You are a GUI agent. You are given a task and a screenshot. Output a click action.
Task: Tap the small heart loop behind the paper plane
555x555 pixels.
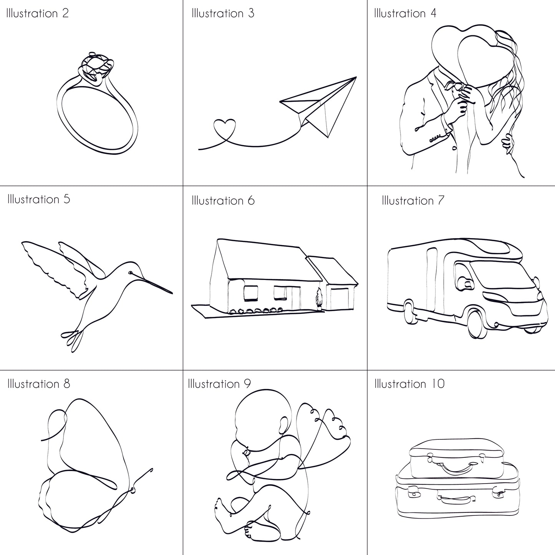pyautogui.click(x=224, y=128)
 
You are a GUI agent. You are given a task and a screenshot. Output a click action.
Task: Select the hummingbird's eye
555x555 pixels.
pyautogui.click(x=131, y=272)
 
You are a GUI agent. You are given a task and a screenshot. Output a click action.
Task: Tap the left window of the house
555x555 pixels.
pyautogui.click(x=250, y=293)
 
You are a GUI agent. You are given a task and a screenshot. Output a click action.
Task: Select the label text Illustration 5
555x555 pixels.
pyautogui.click(x=38, y=199)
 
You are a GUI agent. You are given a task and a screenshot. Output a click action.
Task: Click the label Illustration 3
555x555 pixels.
pyautogui.click(x=223, y=13)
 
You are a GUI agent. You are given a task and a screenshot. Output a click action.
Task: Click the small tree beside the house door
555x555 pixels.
pyautogui.click(x=319, y=300)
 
